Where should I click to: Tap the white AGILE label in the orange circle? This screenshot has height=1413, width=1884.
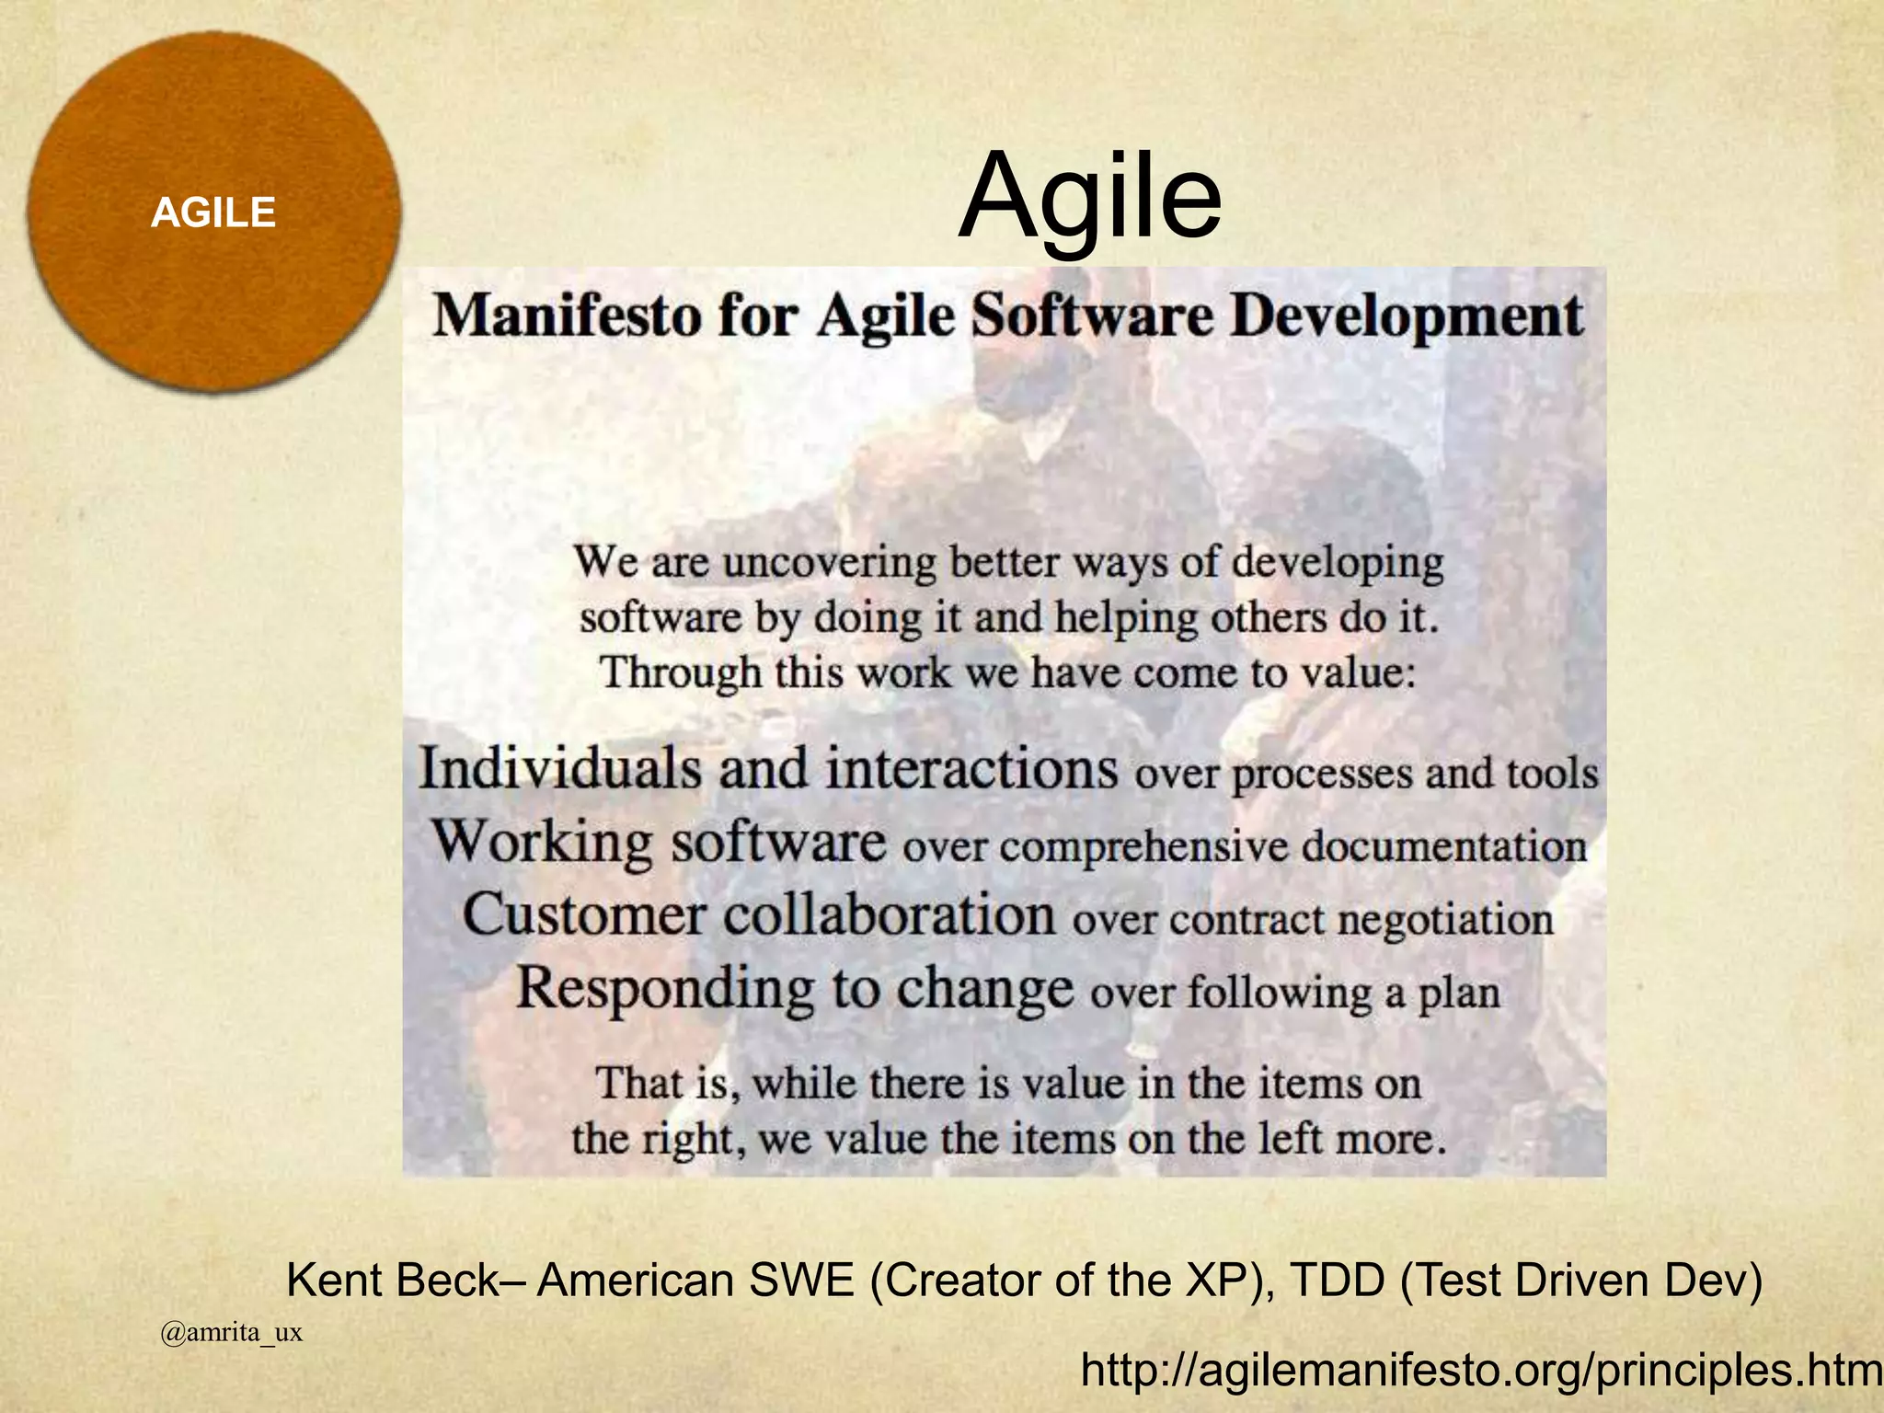click(213, 213)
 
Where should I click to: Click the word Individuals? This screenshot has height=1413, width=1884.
click(559, 768)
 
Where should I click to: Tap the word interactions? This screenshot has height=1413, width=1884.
click(971, 768)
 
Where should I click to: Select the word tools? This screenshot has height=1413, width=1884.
click(1551, 774)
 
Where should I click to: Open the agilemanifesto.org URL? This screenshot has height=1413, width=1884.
click(1481, 1371)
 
